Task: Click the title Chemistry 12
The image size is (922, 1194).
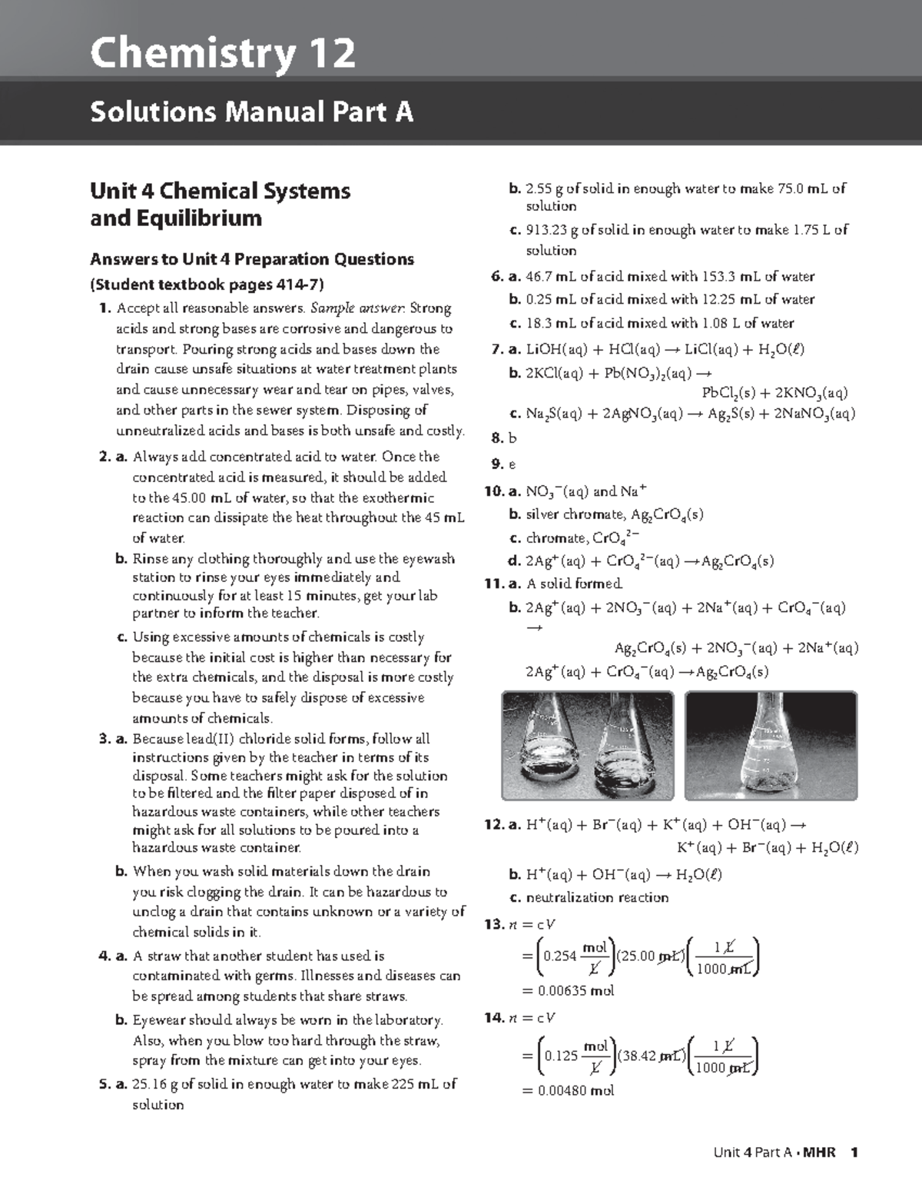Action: pyautogui.click(x=223, y=54)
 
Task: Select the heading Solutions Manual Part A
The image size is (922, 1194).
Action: pyautogui.click(x=251, y=112)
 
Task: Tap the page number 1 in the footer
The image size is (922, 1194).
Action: pyautogui.click(x=854, y=1152)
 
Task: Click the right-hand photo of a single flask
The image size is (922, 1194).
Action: pyautogui.click(x=771, y=746)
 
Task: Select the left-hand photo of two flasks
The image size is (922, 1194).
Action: pyautogui.click(x=588, y=746)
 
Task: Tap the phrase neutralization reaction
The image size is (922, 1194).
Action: pyautogui.click(x=597, y=897)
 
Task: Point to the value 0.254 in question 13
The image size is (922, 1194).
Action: pyautogui.click(x=559, y=956)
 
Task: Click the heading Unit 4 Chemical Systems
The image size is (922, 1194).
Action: pyautogui.click(x=220, y=191)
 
